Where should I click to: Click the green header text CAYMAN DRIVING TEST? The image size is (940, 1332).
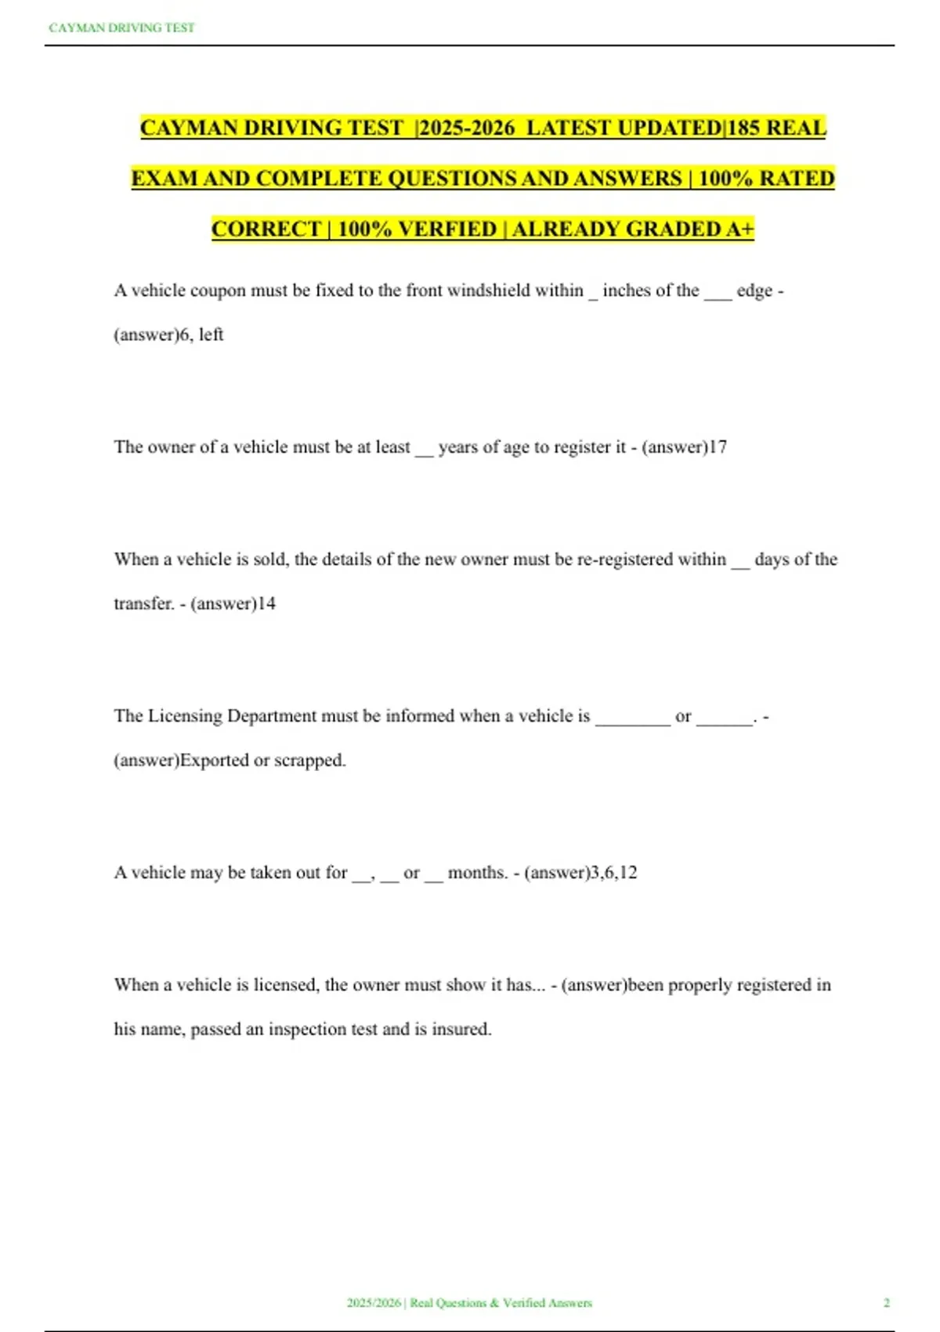pyautogui.click(x=121, y=28)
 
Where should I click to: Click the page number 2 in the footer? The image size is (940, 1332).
pyautogui.click(x=887, y=1302)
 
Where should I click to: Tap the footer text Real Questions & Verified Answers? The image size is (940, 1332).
pyautogui.click(x=501, y=1302)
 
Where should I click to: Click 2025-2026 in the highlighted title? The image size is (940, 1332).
pyautogui.click(x=467, y=128)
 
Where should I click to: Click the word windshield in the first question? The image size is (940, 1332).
pyautogui.click(x=489, y=291)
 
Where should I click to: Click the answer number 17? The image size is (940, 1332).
pyautogui.click(x=718, y=447)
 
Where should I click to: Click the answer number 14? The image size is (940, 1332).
pyautogui.click(x=266, y=603)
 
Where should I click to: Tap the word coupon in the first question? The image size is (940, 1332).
pyautogui.click(x=218, y=291)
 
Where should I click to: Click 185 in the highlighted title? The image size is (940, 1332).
pyautogui.click(x=743, y=128)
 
